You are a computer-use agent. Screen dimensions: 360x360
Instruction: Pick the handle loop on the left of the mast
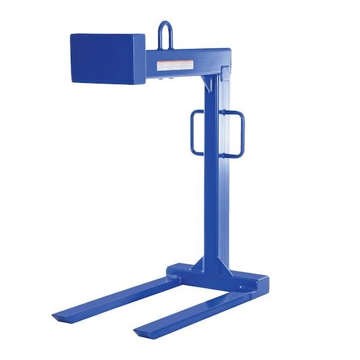[x=194, y=131]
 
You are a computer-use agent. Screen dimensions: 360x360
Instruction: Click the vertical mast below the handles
[x=215, y=203]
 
